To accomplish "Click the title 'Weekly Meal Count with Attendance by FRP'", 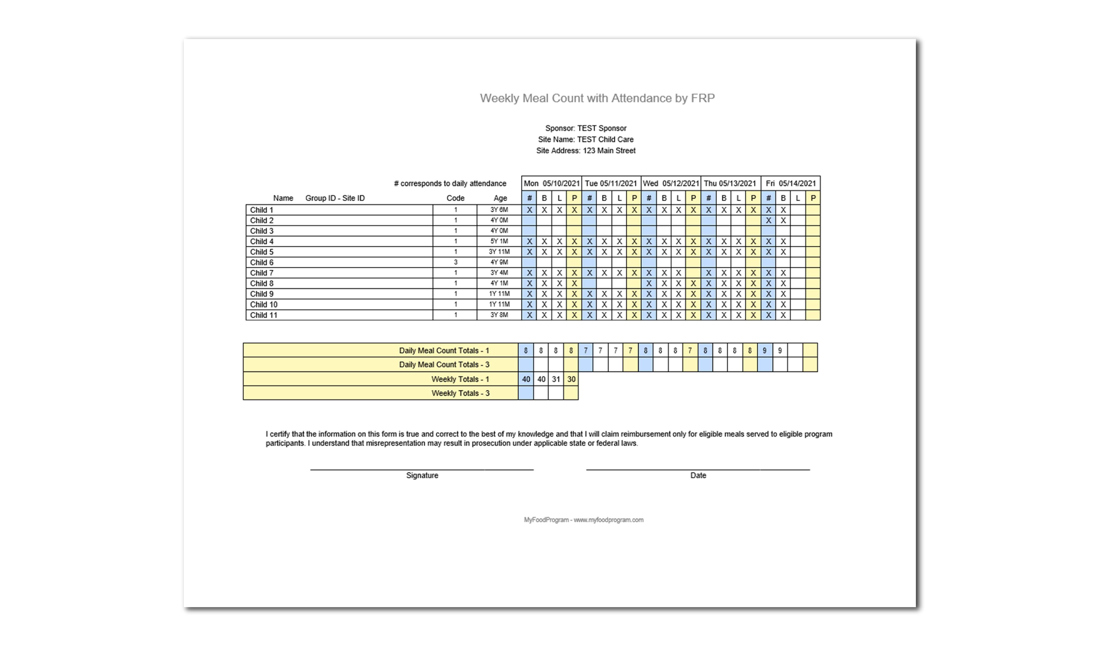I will click(x=597, y=98).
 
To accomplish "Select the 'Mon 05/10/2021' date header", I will click(x=551, y=183).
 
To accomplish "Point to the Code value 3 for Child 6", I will click(x=455, y=262).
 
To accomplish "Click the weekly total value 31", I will click(x=556, y=379).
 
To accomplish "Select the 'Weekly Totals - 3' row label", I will click(x=460, y=393).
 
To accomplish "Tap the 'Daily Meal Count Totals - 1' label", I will click(x=444, y=351).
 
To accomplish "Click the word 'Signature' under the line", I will click(x=422, y=475).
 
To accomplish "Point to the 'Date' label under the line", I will click(x=698, y=475).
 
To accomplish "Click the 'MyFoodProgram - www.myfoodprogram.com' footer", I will click(x=583, y=520).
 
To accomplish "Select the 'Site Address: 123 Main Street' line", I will click(x=586, y=151).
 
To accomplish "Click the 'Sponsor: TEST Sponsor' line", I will click(x=586, y=128).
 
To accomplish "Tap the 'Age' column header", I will click(x=500, y=198).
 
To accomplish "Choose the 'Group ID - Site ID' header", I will click(x=335, y=198).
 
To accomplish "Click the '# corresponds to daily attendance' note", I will click(x=450, y=183).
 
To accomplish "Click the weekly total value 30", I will click(x=571, y=379).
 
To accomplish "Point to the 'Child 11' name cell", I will click(x=263, y=315).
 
